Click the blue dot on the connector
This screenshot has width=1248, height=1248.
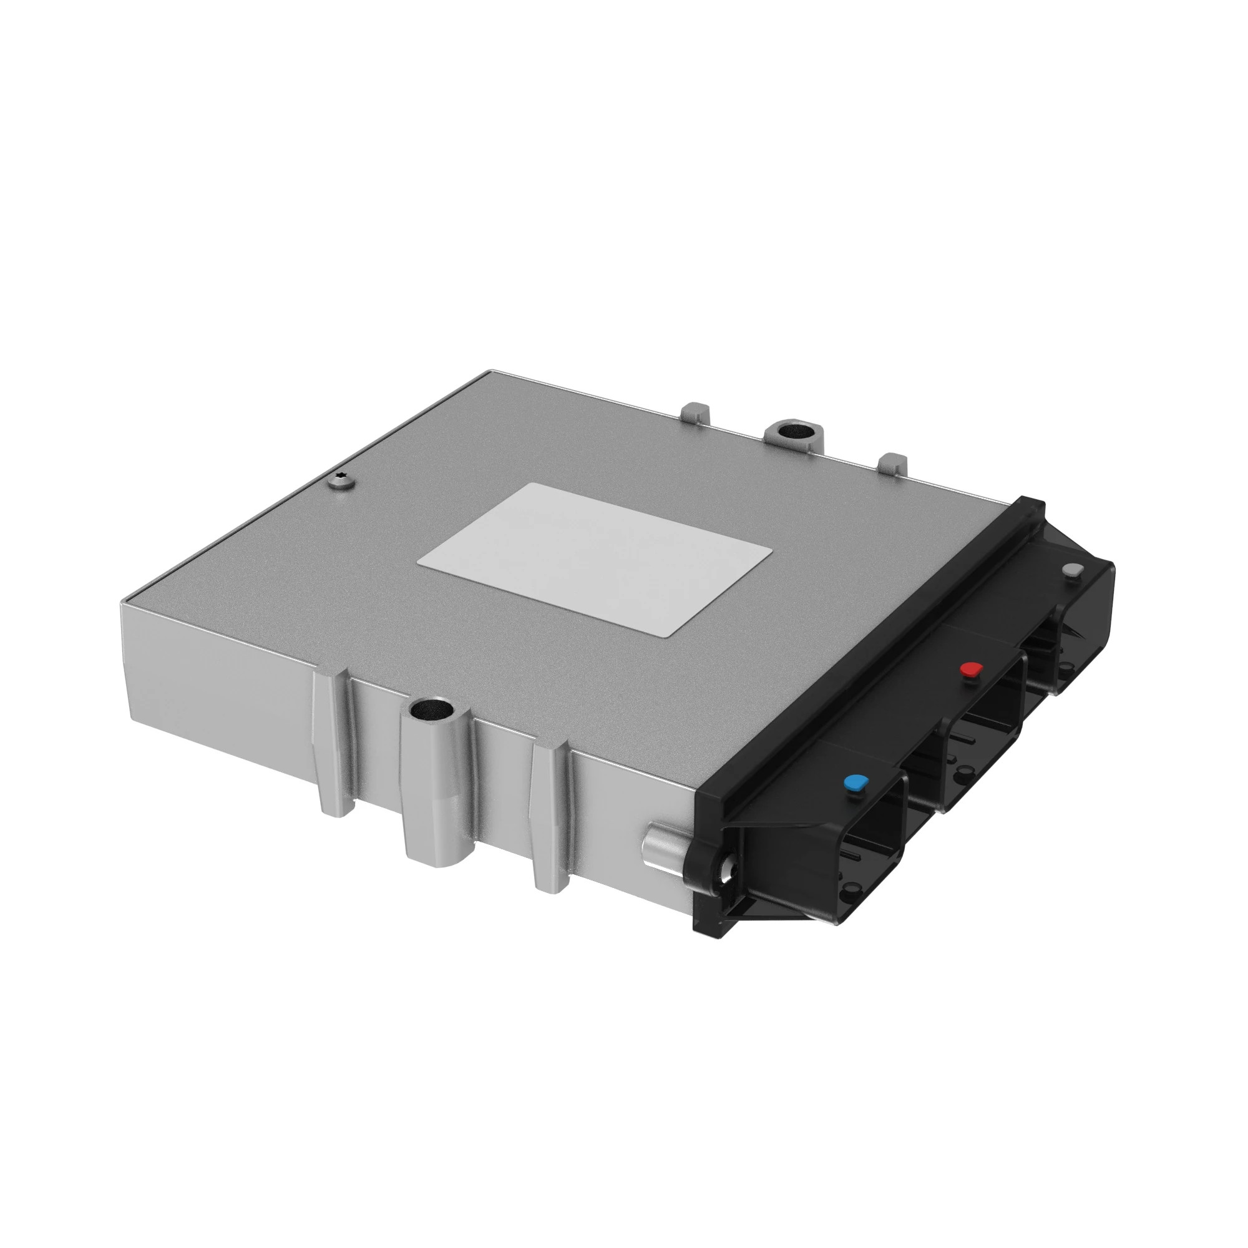[x=855, y=784]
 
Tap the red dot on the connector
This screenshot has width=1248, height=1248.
[x=971, y=669]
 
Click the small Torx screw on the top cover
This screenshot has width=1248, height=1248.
[x=341, y=481]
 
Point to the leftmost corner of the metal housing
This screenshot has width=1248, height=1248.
[x=122, y=605]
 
